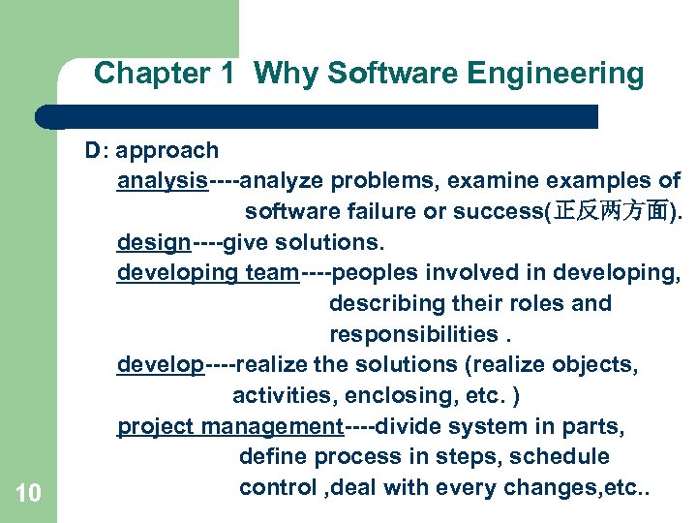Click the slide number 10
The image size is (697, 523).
(x=29, y=494)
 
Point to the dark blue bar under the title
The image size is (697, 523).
(x=319, y=117)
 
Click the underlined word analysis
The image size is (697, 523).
(x=163, y=181)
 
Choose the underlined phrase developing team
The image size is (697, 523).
(x=207, y=273)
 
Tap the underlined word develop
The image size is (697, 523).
(x=161, y=365)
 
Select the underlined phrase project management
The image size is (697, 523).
(x=229, y=426)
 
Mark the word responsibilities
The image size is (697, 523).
(x=413, y=335)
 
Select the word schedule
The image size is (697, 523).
(x=563, y=456)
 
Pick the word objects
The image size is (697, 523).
(x=594, y=365)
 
